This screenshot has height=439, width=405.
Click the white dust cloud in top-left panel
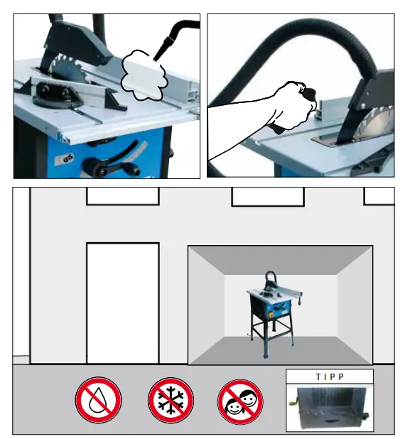click(x=143, y=74)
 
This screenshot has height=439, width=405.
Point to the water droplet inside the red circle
click(x=98, y=400)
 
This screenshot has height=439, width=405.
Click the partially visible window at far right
click(x=379, y=195)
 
